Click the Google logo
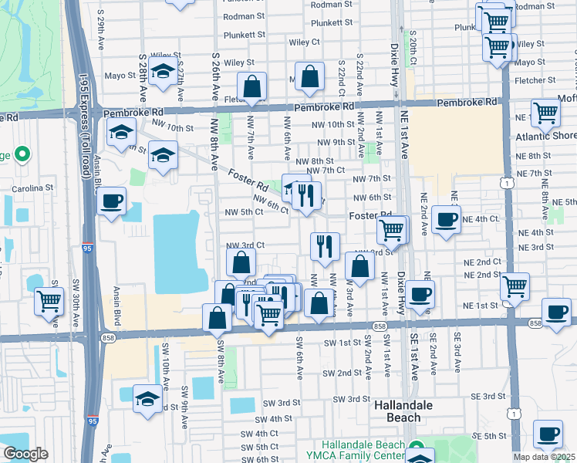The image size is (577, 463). pos(25,454)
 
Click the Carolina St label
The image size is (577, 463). pos(32,188)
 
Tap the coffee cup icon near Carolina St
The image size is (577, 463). pos(113,201)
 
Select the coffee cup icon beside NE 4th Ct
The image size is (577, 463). pos(447,219)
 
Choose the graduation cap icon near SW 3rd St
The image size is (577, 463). pos(147,399)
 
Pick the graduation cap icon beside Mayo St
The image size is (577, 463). pos(162,72)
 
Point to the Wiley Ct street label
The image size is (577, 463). pos(304,42)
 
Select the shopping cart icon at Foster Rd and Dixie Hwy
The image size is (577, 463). pos(391,229)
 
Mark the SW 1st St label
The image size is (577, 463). pos(342,342)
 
